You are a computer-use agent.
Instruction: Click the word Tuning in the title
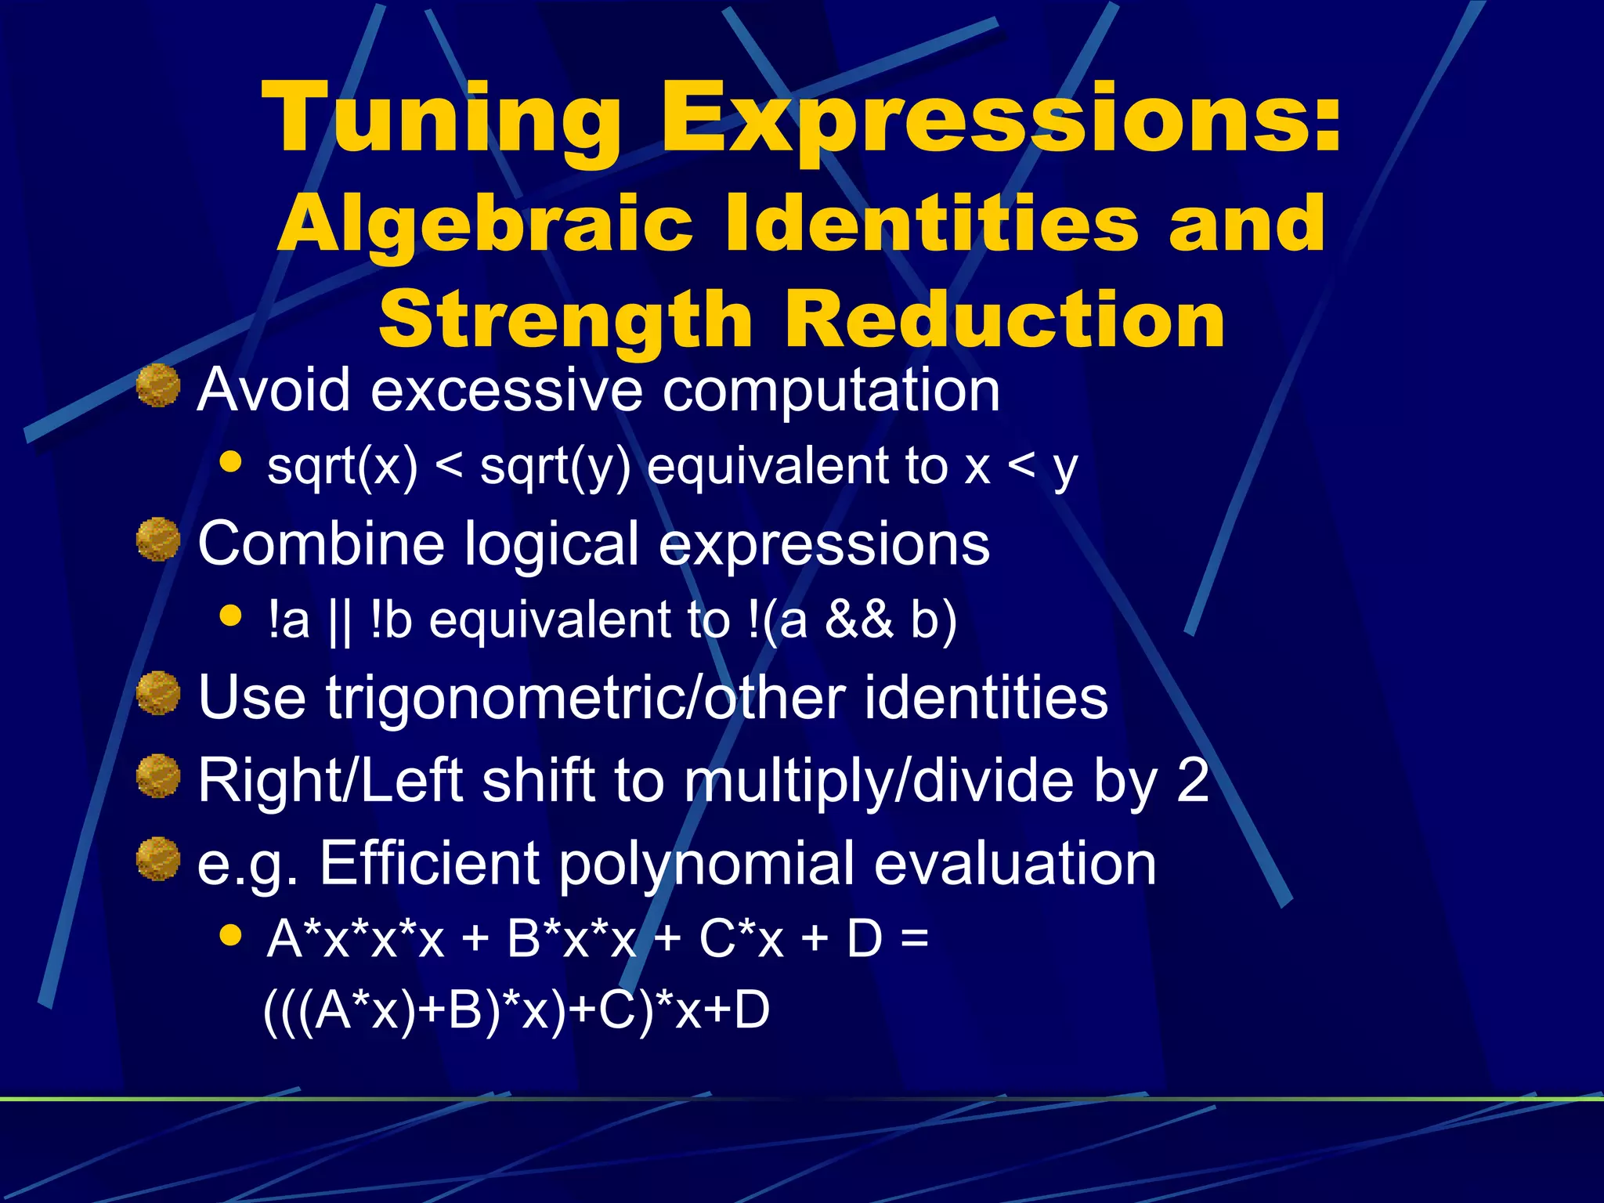443,120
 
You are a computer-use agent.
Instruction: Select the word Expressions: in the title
1000,120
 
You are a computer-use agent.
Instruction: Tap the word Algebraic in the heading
485,226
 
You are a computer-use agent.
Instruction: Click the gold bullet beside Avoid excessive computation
158,386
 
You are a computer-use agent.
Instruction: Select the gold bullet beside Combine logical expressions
158,540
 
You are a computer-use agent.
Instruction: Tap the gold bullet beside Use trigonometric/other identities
158,693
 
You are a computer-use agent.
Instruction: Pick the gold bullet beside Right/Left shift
158,777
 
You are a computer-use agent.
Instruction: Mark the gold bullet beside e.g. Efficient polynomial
158,859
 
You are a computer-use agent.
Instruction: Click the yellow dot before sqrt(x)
230,461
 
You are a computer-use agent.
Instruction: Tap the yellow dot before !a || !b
230,616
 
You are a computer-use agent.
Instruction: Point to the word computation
831,390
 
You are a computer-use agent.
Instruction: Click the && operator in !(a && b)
858,620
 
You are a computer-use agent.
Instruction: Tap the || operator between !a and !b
340,621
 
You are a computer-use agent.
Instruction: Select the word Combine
321,544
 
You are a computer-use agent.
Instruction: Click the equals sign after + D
914,938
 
